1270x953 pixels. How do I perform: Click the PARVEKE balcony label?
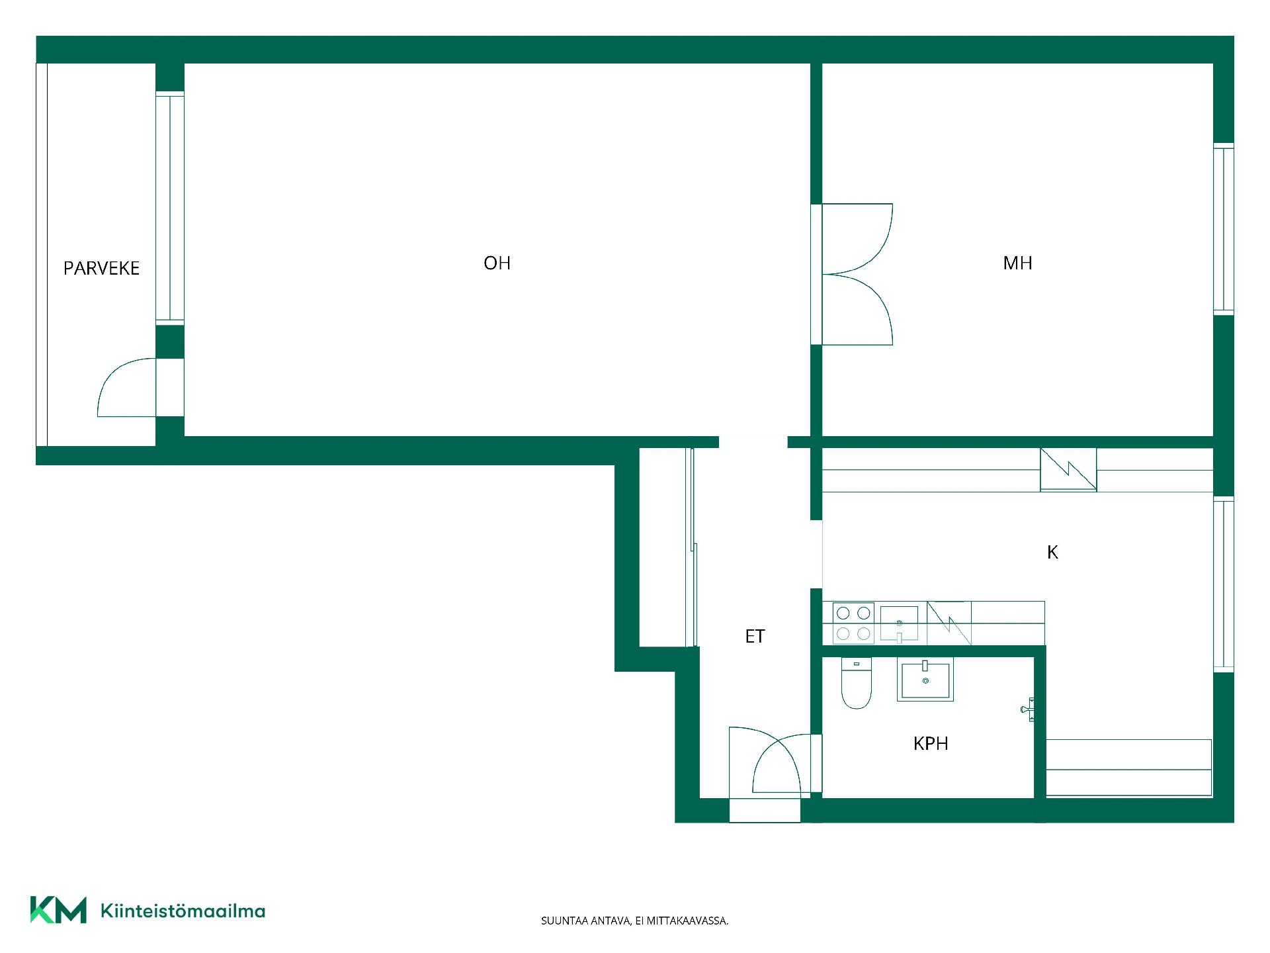(101, 268)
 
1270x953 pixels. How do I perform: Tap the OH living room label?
(497, 263)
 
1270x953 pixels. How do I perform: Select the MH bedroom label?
(1017, 263)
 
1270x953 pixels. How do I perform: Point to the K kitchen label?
(1052, 552)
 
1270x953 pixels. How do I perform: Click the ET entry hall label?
(755, 636)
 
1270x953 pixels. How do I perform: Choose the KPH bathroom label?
(931, 744)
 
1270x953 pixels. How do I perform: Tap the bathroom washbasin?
(925, 680)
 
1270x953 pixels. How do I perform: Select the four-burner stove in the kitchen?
(853, 623)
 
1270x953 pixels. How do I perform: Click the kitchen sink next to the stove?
(899, 623)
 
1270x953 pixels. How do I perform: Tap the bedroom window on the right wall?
(1224, 229)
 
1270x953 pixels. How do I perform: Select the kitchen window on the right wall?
(1224, 584)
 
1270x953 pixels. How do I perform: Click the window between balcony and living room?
(170, 208)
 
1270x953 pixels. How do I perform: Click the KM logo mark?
(58, 910)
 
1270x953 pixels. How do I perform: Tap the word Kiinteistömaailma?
(183, 911)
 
